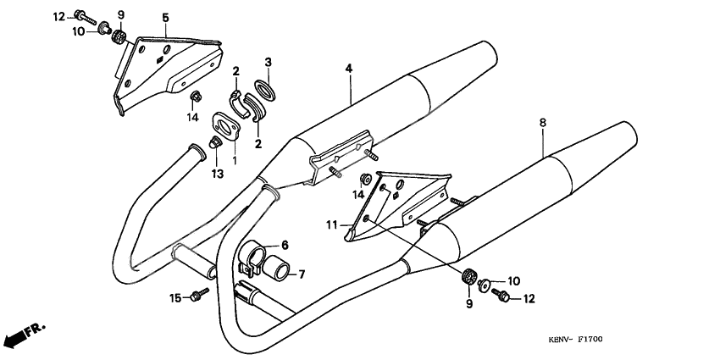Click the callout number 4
[x=347, y=67]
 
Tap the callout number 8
[x=542, y=122]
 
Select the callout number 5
[x=165, y=18]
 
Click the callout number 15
[x=175, y=297]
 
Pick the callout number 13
[x=218, y=174]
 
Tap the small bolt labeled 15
[x=202, y=295]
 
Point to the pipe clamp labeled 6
[x=253, y=257]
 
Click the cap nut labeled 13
[x=215, y=149]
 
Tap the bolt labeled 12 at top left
[x=82, y=16]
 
